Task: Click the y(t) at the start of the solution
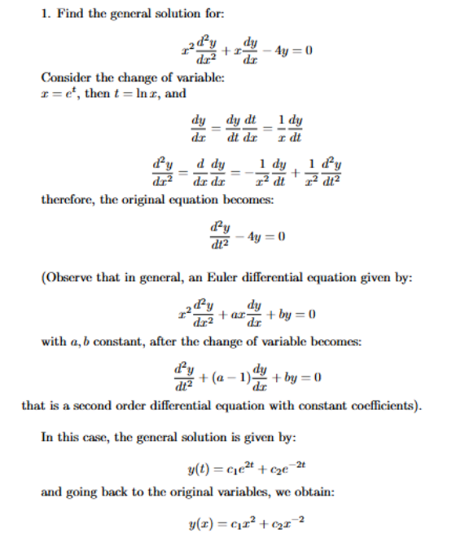199,467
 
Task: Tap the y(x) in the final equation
200,523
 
